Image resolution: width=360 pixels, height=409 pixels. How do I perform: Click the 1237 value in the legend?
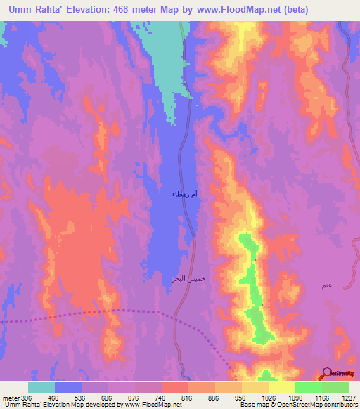[x=347, y=398]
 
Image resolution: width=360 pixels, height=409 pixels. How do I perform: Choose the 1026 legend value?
[x=268, y=398]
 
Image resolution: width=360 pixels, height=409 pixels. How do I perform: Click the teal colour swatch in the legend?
[x=41, y=387]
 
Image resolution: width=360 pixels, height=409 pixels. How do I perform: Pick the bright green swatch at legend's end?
[x=335, y=387]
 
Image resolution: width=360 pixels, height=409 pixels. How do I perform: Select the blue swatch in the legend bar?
[x=67, y=387]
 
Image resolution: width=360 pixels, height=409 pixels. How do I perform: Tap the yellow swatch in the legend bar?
[x=281, y=387]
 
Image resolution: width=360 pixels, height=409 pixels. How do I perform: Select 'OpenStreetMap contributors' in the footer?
[x=319, y=405]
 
